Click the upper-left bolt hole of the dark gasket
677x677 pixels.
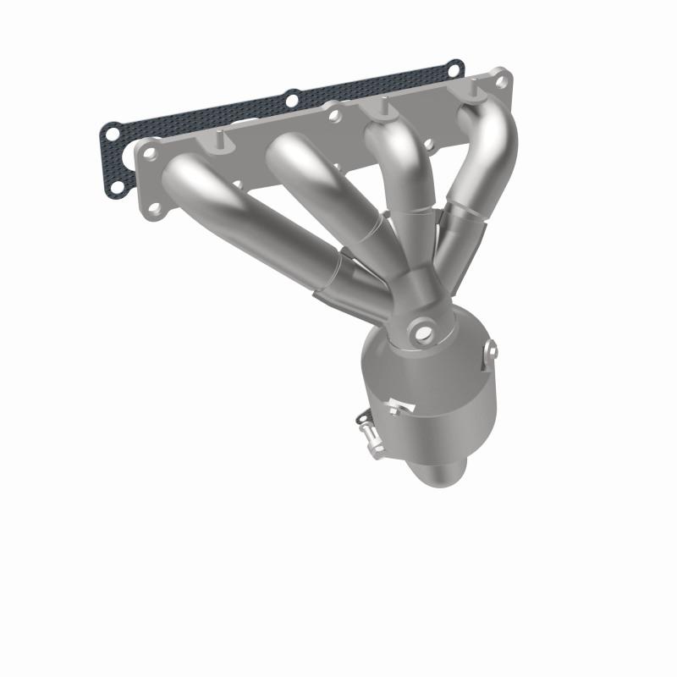pos(111,132)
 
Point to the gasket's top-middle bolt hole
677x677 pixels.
pos(292,100)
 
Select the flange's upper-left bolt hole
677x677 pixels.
pos(151,154)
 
